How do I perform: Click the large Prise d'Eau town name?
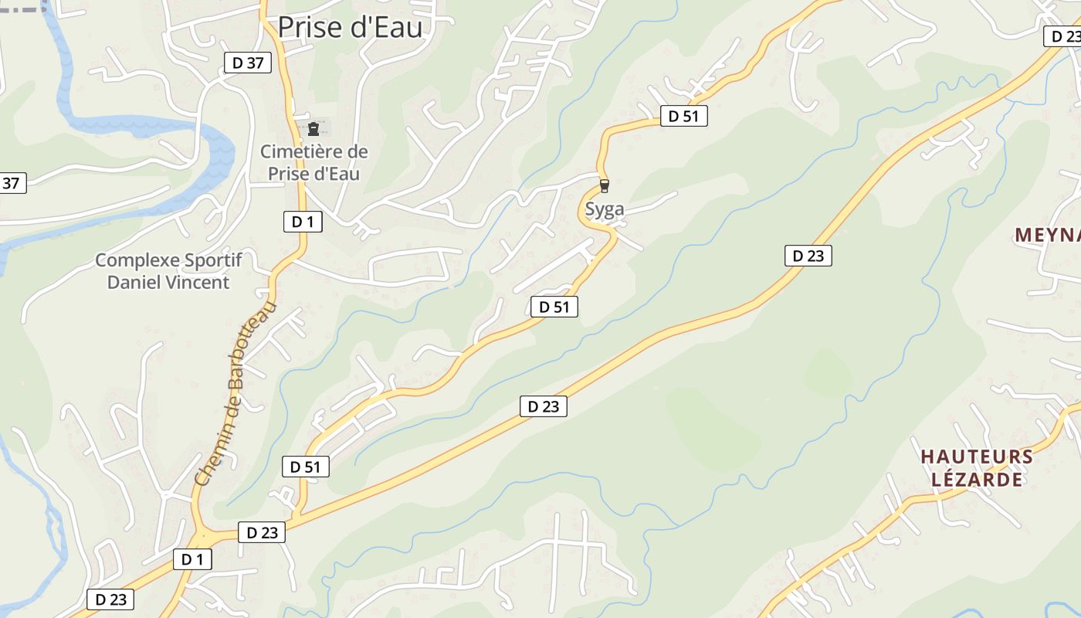pyautogui.click(x=350, y=27)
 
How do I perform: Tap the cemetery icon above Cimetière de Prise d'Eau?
pyautogui.click(x=313, y=129)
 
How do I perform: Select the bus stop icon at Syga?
pyautogui.click(x=604, y=186)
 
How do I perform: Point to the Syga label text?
pyautogui.click(x=604, y=209)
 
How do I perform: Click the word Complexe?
pyautogui.click(x=135, y=260)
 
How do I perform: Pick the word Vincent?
pyautogui.click(x=198, y=282)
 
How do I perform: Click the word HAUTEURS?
pyautogui.click(x=976, y=457)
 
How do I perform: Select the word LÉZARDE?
pyautogui.click(x=977, y=480)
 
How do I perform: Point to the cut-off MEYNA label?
pyautogui.click(x=1047, y=235)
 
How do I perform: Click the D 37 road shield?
pyautogui.click(x=248, y=63)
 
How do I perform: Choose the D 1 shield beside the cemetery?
pyautogui.click(x=302, y=222)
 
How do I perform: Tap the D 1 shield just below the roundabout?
pyautogui.click(x=192, y=559)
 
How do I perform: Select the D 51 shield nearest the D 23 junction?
pyautogui.click(x=306, y=467)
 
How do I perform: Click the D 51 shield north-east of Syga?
pyautogui.click(x=683, y=116)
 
